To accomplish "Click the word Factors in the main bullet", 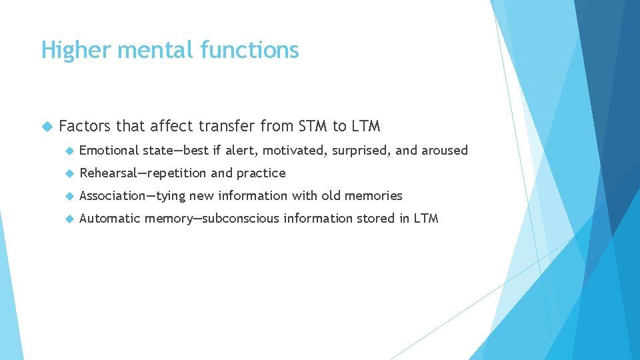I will (x=84, y=125).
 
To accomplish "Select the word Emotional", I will (x=109, y=151).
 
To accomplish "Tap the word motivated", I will (x=290, y=151).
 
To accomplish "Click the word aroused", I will (x=445, y=151).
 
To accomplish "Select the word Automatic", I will (x=109, y=219).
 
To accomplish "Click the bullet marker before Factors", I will (x=46, y=126).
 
